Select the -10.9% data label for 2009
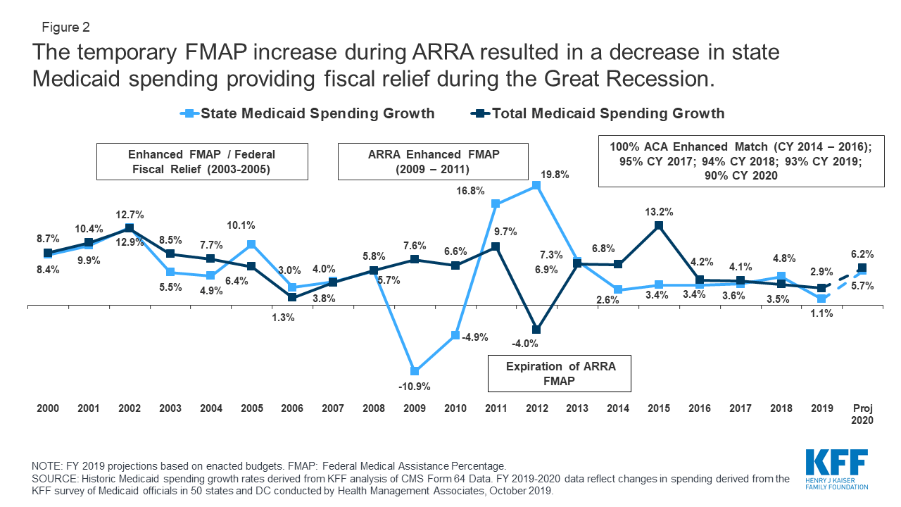(x=415, y=386)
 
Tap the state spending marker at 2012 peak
(x=536, y=186)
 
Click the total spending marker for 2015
(x=659, y=225)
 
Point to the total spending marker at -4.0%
(x=536, y=330)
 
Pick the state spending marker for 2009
(x=415, y=371)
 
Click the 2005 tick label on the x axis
(x=251, y=408)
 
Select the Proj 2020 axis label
(x=862, y=414)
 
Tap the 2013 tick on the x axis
(x=577, y=408)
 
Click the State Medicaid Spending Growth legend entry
(x=308, y=113)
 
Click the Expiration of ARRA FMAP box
(x=560, y=373)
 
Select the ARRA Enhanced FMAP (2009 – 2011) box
(x=433, y=161)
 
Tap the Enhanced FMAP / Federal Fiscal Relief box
(x=201, y=161)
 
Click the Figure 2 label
(x=64, y=28)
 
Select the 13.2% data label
(x=659, y=211)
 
